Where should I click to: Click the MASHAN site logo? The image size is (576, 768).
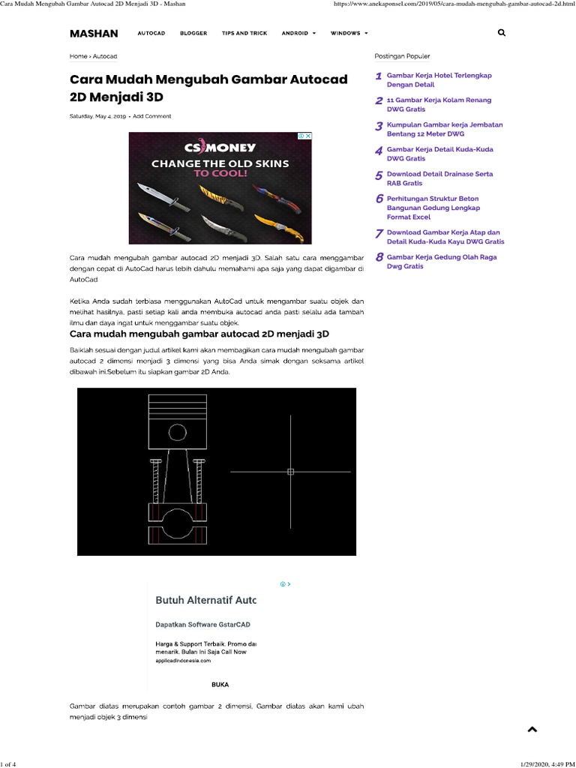94,34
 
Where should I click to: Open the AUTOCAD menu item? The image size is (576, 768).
151,34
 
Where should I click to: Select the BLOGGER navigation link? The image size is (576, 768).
193,34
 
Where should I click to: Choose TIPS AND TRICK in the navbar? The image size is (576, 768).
244,34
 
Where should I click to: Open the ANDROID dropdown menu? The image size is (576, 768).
298,34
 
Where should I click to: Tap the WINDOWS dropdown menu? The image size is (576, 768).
349,34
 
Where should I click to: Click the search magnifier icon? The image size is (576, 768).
501,33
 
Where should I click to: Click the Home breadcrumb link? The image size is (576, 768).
78,56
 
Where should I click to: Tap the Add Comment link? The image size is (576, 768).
152,116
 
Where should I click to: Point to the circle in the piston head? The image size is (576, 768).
178,432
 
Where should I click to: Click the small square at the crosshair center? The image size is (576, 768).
291,472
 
